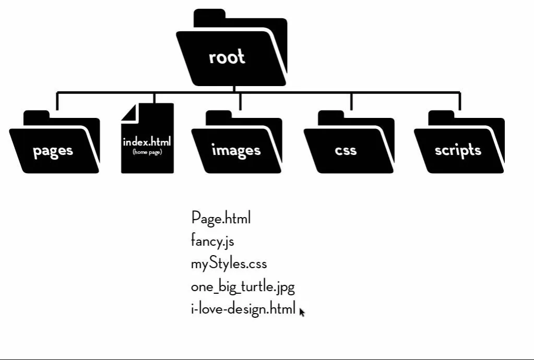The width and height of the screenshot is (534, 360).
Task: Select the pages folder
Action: (54, 143)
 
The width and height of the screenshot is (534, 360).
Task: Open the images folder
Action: (236, 143)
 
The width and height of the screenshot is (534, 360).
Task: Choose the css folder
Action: (349, 143)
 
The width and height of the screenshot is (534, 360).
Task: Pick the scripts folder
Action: (459, 143)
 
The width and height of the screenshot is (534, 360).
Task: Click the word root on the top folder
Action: (227, 56)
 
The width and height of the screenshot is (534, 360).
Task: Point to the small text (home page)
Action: (147, 152)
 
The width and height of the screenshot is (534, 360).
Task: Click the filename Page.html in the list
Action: (221, 218)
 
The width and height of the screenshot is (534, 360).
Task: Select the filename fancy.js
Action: (212, 242)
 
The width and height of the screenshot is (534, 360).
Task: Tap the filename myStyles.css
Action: (229, 264)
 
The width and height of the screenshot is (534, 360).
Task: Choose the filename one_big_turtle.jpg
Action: (243, 287)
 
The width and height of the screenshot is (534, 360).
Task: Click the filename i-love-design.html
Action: (243, 309)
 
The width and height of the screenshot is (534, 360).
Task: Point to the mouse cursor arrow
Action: (302, 311)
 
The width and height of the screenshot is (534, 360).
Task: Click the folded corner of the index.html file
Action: (129, 112)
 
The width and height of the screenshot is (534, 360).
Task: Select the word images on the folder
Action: (236, 150)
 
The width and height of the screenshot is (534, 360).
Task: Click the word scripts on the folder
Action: (458, 150)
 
